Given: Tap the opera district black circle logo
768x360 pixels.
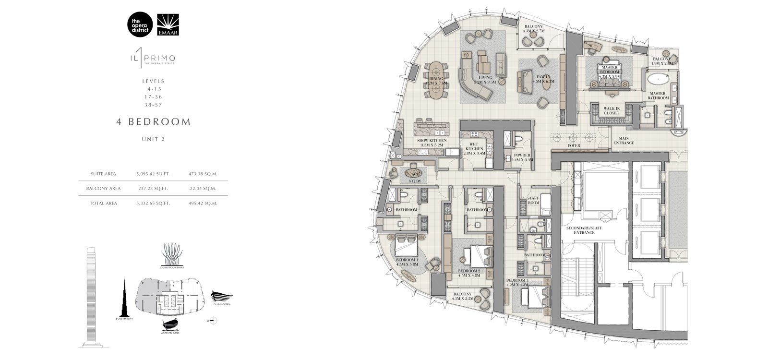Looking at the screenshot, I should [x=140, y=24].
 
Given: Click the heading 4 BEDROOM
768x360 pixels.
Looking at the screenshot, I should [x=153, y=122].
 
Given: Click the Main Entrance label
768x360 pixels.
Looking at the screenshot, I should [x=624, y=141].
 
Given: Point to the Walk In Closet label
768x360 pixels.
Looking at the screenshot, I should [x=612, y=111].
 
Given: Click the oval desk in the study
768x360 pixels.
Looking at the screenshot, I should [x=413, y=171].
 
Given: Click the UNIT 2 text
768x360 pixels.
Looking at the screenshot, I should [x=153, y=140].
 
